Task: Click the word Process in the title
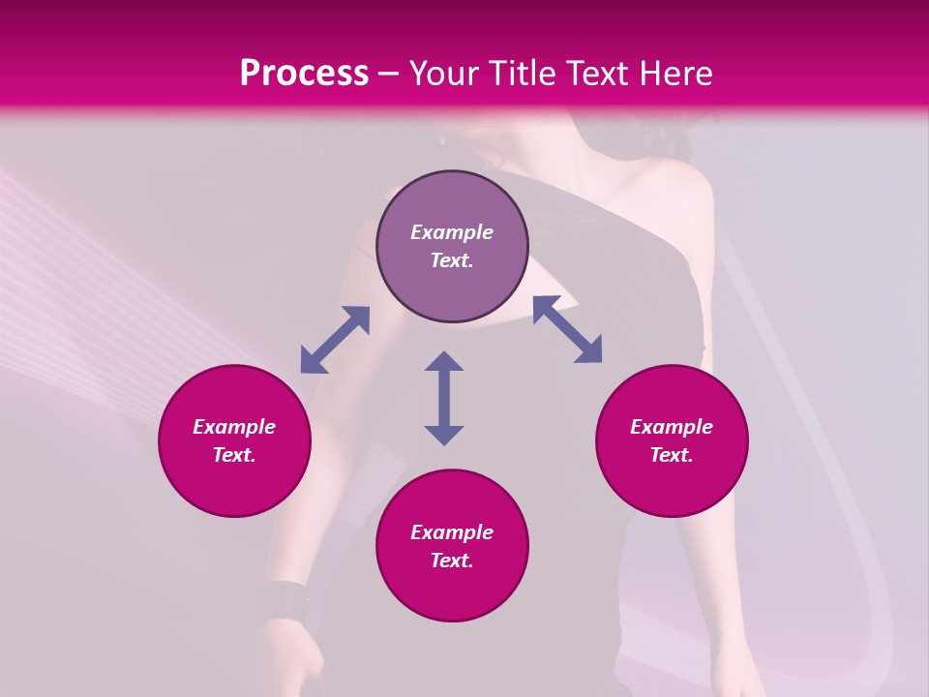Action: coord(304,74)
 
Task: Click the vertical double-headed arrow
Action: coord(444,398)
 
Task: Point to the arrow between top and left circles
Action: coord(335,340)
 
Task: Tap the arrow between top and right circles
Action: coord(567,329)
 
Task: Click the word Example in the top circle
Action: coord(452,232)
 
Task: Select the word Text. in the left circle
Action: coord(234,455)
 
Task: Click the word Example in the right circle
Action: coord(672,427)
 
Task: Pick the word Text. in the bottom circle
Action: coord(452,561)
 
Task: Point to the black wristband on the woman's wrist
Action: coord(282,602)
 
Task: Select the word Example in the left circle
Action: coord(234,427)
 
